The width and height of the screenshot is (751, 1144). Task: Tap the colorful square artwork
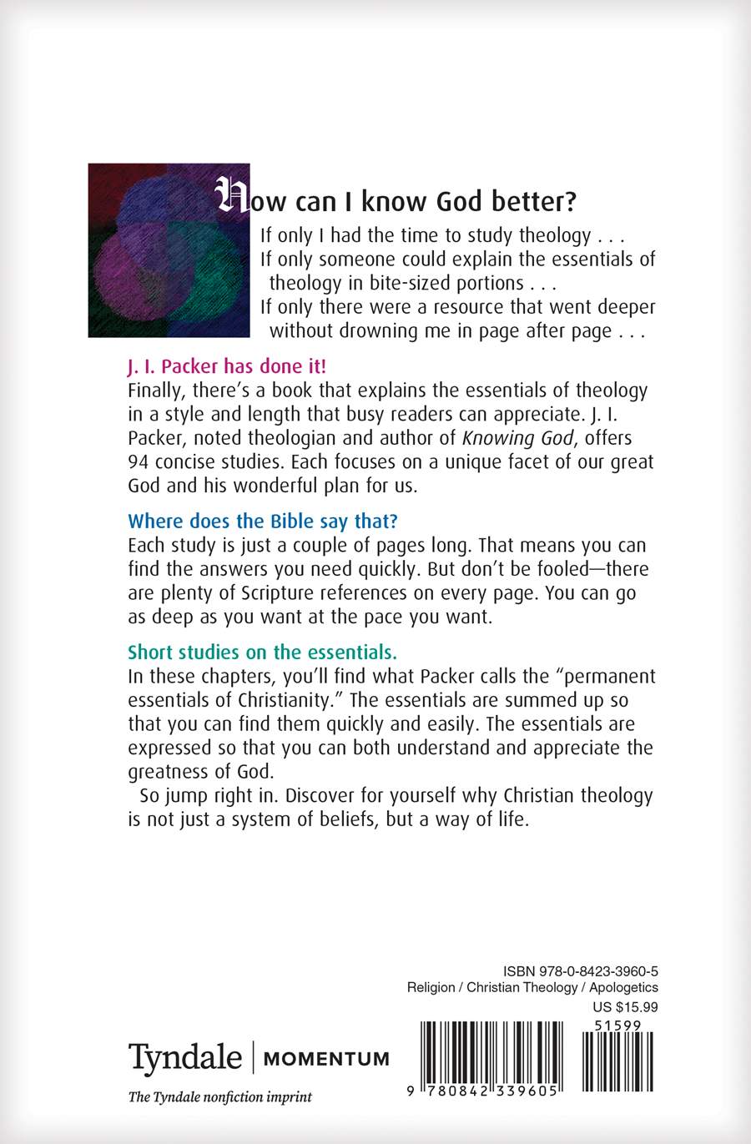pos(169,250)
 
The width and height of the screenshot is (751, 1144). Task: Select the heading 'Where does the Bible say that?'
pos(263,522)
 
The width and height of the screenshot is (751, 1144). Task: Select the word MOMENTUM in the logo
pos(326,1059)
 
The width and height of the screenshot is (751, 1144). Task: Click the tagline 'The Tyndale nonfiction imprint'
pos(219,1097)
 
